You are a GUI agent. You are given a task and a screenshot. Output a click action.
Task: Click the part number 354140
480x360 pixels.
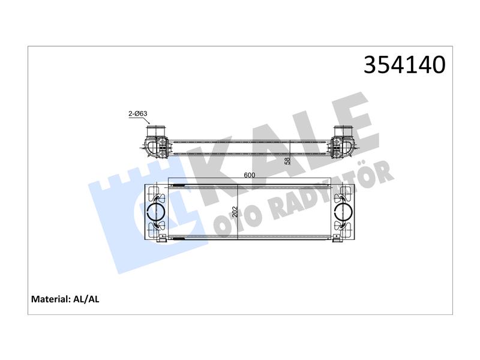[x=404, y=65]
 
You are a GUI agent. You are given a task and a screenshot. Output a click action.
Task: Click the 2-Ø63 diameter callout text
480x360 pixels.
[x=138, y=113]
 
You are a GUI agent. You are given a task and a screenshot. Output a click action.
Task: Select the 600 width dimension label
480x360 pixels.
[x=250, y=175]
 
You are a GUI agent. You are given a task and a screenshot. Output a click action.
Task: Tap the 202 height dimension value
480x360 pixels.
[x=235, y=212]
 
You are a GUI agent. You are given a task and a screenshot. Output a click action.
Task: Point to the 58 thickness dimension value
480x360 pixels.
[x=287, y=161]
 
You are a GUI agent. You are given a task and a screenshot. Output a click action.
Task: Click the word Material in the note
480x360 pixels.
[x=50, y=299]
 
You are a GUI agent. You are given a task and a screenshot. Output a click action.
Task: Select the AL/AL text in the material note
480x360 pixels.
[x=86, y=299]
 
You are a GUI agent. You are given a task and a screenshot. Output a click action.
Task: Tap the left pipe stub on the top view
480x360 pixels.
[x=157, y=131]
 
